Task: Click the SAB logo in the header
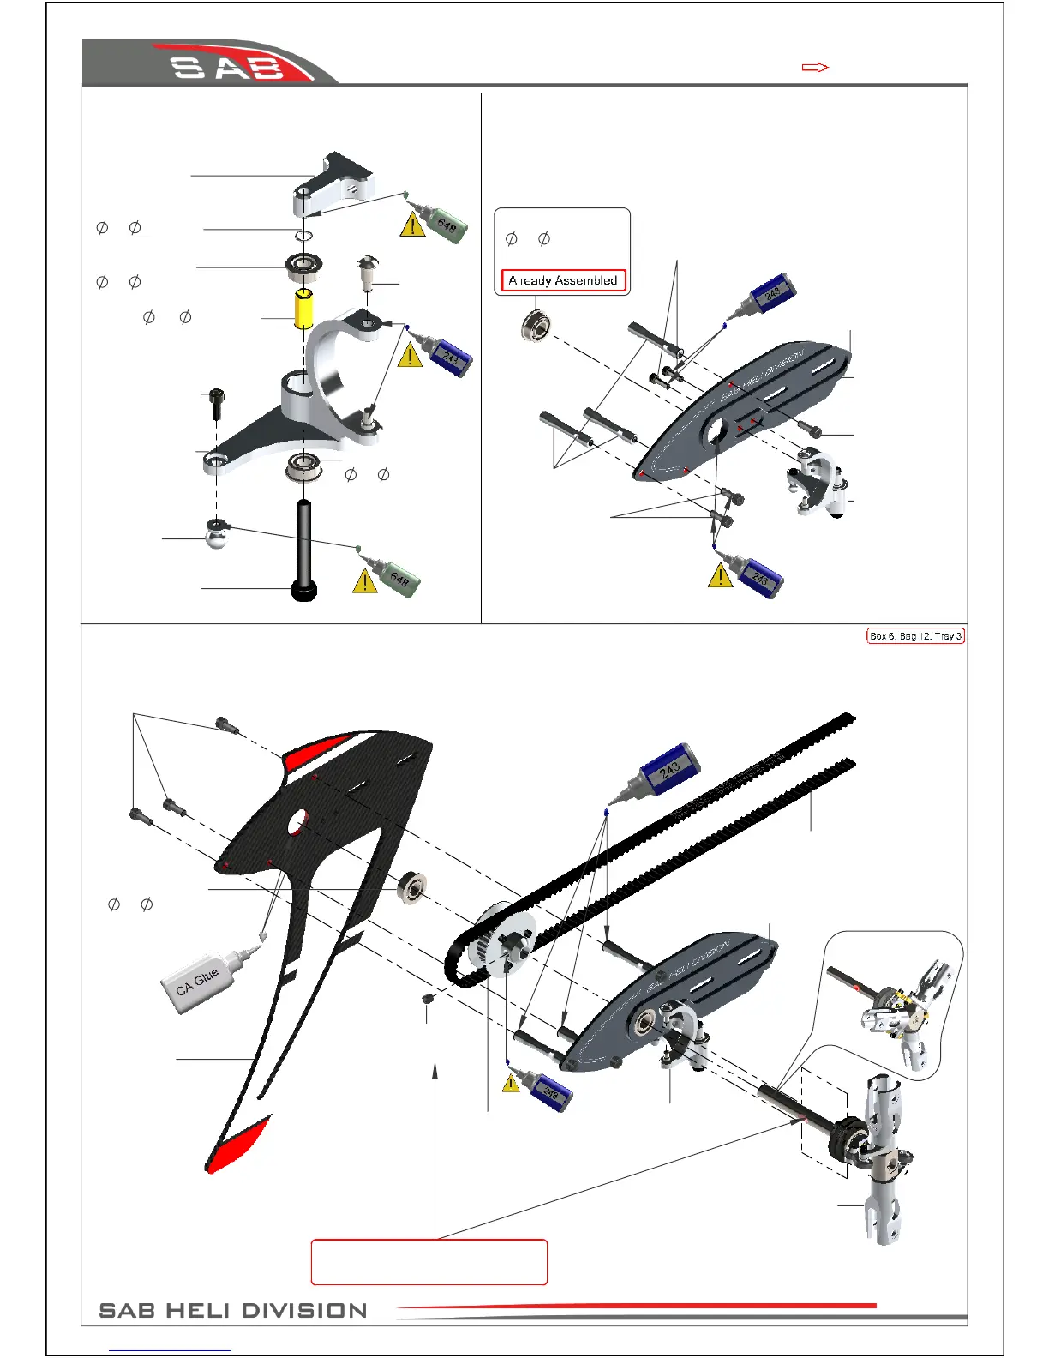tap(228, 66)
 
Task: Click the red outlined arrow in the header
tap(814, 67)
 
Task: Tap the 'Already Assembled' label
tap(562, 280)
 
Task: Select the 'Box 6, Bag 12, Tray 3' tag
tap(915, 636)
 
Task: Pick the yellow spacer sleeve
tap(304, 309)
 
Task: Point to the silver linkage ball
tap(217, 534)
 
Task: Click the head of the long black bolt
tap(304, 591)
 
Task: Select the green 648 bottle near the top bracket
tap(441, 220)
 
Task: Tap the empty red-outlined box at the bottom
tap(429, 1261)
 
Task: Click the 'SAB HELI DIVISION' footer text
tap(233, 1310)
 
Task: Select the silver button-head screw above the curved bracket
tap(368, 267)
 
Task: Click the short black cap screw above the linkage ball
tap(215, 403)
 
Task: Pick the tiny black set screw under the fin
tap(428, 999)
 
